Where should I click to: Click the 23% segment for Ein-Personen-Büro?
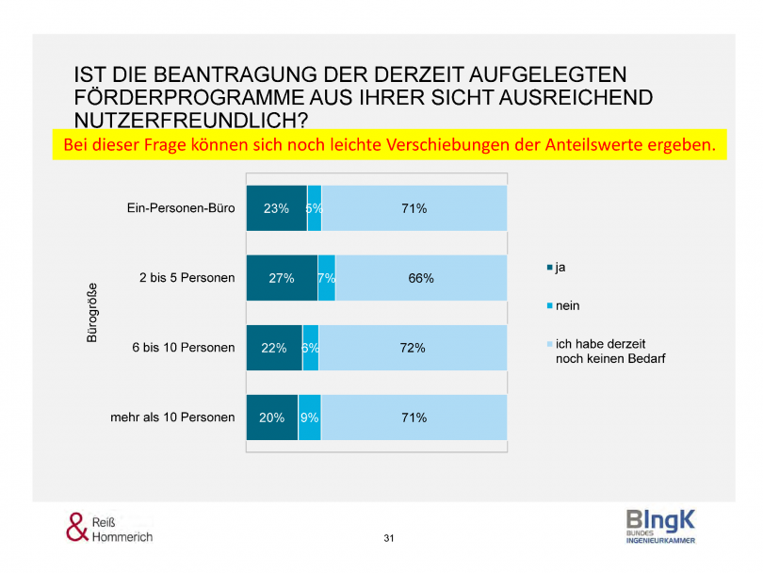click(x=276, y=208)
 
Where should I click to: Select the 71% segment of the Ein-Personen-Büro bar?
click(x=414, y=208)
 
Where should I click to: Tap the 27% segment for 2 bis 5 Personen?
click(x=282, y=278)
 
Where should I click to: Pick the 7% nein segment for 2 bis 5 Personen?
click(x=327, y=278)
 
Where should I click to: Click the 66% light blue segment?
click(x=421, y=278)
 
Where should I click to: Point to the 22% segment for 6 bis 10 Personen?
click(x=274, y=348)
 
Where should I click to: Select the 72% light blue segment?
click(x=413, y=348)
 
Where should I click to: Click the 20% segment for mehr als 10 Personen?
click(x=272, y=417)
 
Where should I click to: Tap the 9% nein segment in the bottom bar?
click(x=310, y=417)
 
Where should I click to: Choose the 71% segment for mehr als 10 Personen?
click(x=414, y=417)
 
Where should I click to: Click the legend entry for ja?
click(x=560, y=268)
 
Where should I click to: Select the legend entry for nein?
click(x=565, y=305)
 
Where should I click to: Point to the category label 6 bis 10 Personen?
click(x=184, y=348)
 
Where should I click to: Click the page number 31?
click(x=389, y=538)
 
